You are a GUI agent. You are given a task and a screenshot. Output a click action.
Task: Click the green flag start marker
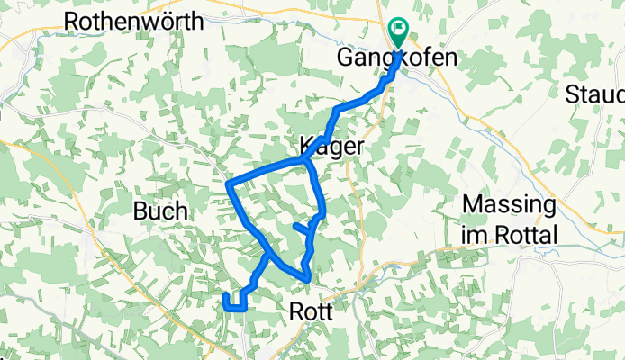(x=397, y=31)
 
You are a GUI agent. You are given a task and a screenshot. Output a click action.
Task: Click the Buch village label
(x=160, y=211)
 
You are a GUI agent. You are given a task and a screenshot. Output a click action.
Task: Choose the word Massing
(x=508, y=205)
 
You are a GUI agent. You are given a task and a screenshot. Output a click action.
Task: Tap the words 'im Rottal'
(x=509, y=235)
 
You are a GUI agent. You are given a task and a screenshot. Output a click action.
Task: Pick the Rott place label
(x=312, y=311)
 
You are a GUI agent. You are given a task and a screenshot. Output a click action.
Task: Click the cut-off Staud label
(x=596, y=94)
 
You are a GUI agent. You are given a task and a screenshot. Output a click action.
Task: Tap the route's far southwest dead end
(x=224, y=294)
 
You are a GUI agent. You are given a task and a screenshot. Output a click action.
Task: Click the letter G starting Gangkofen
(x=344, y=59)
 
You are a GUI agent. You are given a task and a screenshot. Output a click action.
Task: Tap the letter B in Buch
(x=140, y=211)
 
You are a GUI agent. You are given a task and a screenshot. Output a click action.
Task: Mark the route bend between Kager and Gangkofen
(x=338, y=110)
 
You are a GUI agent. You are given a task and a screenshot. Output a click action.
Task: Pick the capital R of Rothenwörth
(x=72, y=19)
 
